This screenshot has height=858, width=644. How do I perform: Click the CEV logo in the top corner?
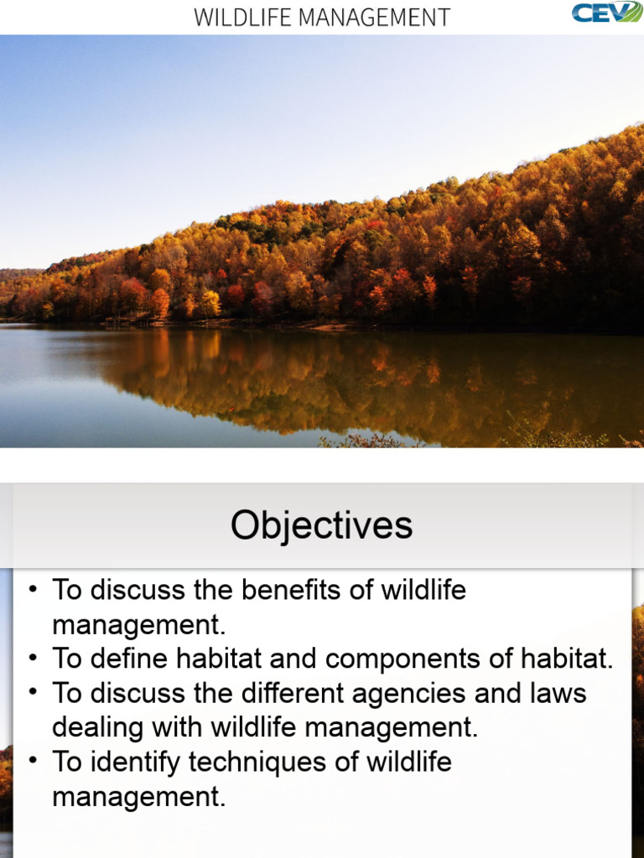[607, 13]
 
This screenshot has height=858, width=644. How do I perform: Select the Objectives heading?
[322, 525]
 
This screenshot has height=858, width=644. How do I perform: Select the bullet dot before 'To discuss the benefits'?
[33, 590]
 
